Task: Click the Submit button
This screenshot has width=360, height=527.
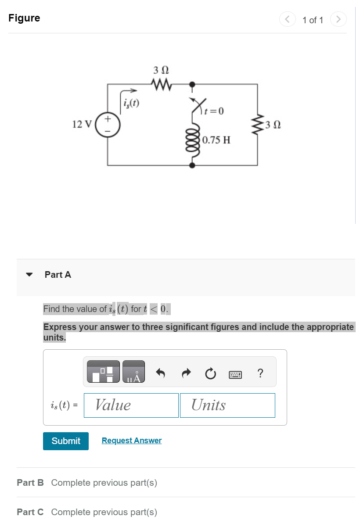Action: pos(66,441)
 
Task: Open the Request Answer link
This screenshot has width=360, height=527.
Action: pos(131,441)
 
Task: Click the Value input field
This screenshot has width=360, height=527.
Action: pos(131,405)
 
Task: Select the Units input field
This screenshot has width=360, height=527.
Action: pos(227,405)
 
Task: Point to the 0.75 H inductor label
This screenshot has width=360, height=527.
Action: pos(216,140)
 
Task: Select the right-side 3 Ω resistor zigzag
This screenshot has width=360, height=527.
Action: pos(258,124)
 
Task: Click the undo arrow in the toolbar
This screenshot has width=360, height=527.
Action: pos(161,374)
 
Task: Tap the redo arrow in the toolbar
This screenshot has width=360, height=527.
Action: pos(186,374)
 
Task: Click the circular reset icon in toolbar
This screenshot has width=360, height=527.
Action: pos(210,374)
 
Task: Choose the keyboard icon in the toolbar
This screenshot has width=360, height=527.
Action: pos(235,374)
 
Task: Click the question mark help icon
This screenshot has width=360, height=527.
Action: pos(260,373)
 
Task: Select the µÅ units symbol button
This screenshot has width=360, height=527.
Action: pos(133,372)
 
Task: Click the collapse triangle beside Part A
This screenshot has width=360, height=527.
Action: pos(29,275)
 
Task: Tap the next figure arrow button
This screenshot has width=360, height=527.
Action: pos(338,20)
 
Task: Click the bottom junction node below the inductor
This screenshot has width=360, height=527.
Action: pos(192,165)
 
